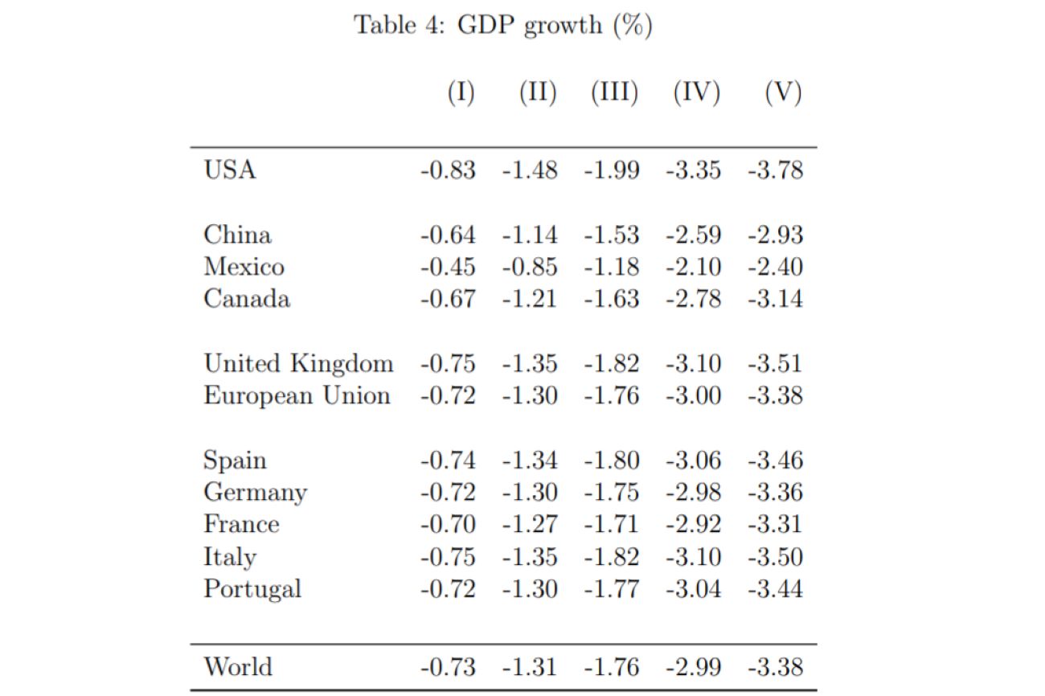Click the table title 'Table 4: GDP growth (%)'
click(x=503, y=25)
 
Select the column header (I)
click(x=461, y=93)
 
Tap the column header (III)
click(x=614, y=93)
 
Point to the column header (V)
click(x=783, y=93)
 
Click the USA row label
click(x=230, y=170)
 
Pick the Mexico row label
click(x=244, y=267)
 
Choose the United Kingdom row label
click(x=298, y=363)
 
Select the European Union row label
click(x=297, y=395)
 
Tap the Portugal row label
click(x=252, y=589)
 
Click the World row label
click(x=238, y=667)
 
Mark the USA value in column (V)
click(x=775, y=170)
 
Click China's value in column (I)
click(x=448, y=235)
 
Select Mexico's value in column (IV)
click(x=693, y=267)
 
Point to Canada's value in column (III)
click(x=612, y=299)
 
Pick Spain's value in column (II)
click(x=530, y=461)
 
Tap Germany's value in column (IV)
click(x=693, y=492)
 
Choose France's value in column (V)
click(x=775, y=524)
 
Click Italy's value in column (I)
click(x=448, y=557)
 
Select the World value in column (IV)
click(x=693, y=667)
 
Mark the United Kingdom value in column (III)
click(x=612, y=363)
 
